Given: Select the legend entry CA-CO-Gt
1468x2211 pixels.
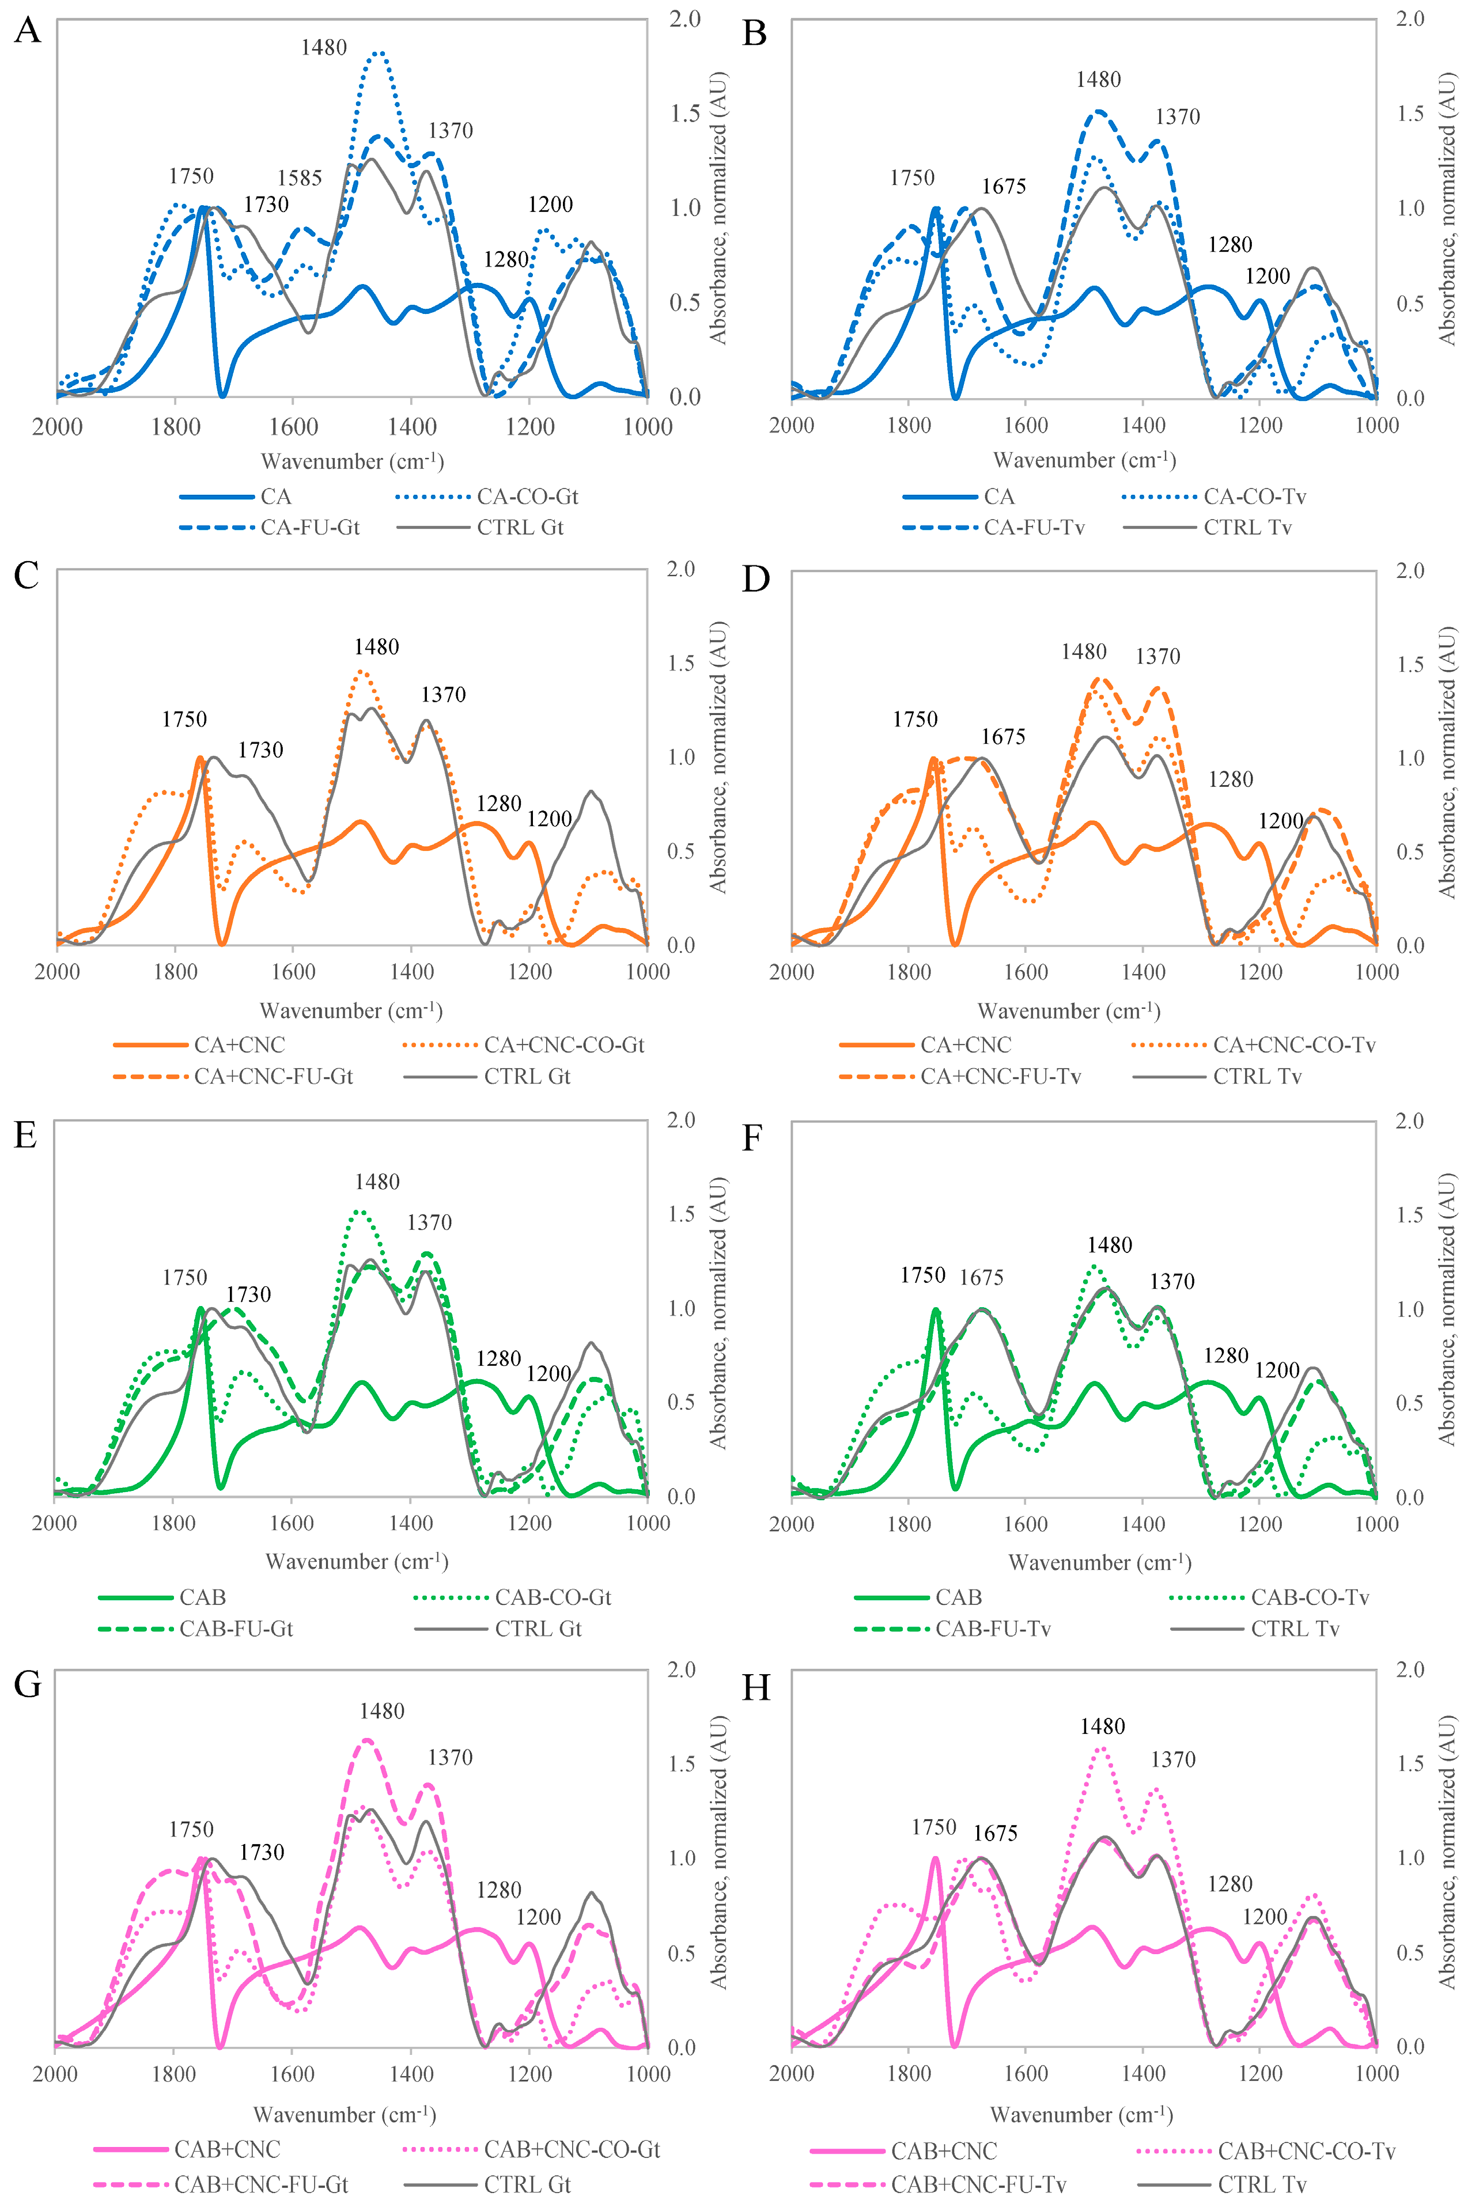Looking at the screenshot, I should point(527,496).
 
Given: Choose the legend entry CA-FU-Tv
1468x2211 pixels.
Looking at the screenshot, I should point(1034,527).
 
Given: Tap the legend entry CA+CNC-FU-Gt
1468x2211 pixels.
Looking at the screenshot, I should point(273,1077).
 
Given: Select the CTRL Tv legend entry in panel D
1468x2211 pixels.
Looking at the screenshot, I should point(1257,1077).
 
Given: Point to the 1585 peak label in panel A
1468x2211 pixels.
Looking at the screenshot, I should point(300,178).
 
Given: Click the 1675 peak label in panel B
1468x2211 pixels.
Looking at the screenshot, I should point(1004,186).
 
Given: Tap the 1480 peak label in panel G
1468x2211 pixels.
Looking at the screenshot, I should point(382,1711).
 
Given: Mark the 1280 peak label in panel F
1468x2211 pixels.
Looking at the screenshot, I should point(1225,1356).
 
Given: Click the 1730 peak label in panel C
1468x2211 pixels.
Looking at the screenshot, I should point(260,750).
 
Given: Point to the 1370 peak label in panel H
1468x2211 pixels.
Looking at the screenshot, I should point(1173,1760).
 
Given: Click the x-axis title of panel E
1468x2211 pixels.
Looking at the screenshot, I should point(357,1561).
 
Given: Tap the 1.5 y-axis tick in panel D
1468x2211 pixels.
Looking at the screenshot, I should point(1410,664).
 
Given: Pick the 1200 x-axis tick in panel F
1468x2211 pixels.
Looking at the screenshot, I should point(1259,1524).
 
